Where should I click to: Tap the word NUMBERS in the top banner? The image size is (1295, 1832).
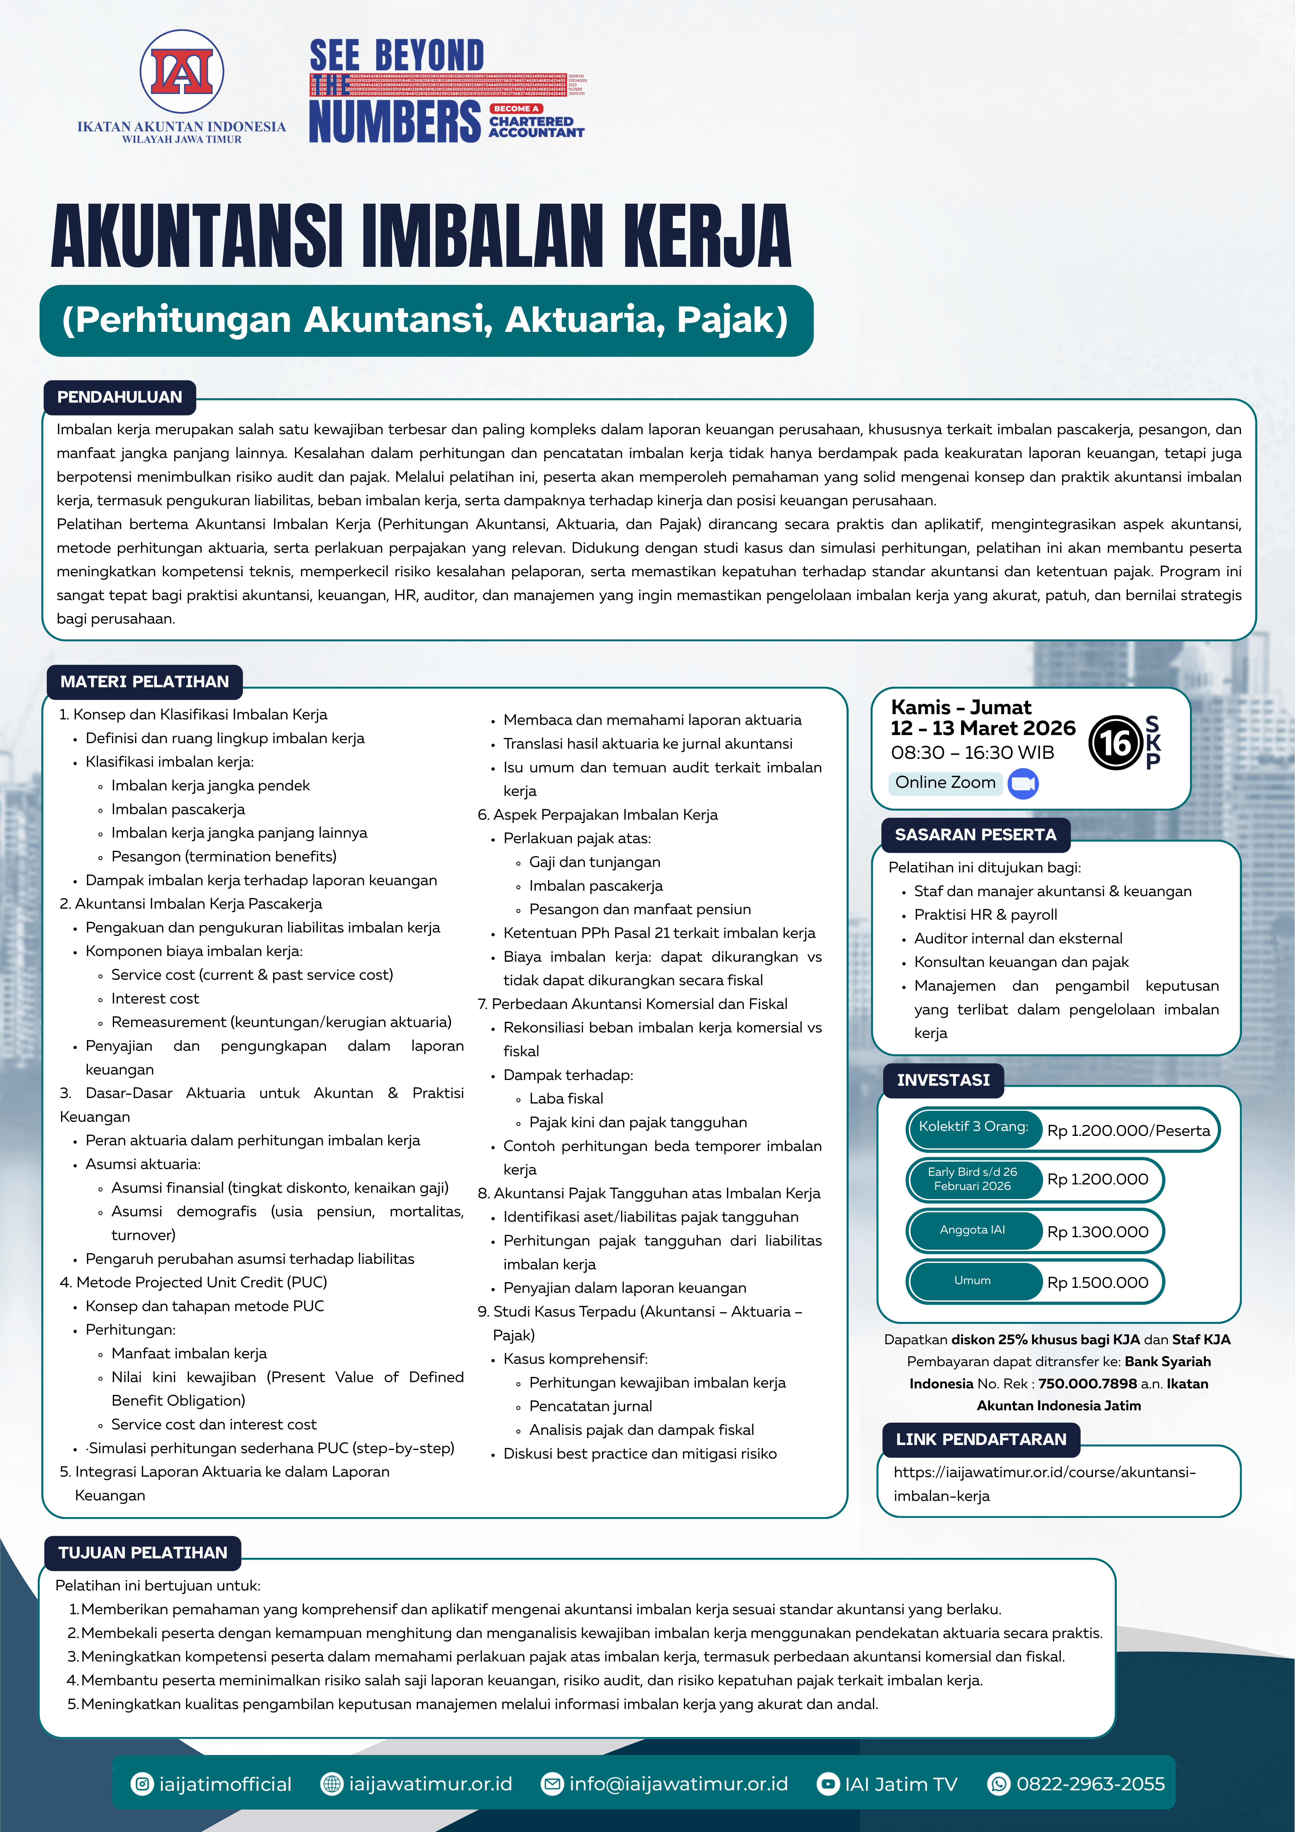(x=395, y=121)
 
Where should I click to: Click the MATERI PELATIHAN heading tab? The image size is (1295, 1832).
(x=144, y=682)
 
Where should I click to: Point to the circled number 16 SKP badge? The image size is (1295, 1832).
(x=1115, y=743)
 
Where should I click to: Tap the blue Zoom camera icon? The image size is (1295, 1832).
(x=1023, y=784)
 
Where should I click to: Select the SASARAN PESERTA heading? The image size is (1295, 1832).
(x=975, y=835)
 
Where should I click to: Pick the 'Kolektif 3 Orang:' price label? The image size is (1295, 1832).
(x=973, y=1127)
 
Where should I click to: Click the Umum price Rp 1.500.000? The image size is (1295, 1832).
(x=1098, y=1282)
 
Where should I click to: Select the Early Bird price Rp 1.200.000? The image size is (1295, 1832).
(x=1098, y=1179)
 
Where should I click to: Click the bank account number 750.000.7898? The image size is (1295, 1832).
(x=1087, y=1384)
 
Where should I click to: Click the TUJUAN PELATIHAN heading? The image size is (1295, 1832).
(x=143, y=1553)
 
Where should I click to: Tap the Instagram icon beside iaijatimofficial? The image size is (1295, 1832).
(x=142, y=1784)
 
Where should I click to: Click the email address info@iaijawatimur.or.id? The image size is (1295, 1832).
(x=678, y=1784)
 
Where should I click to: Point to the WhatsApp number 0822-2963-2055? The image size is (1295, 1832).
(x=1090, y=1784)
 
